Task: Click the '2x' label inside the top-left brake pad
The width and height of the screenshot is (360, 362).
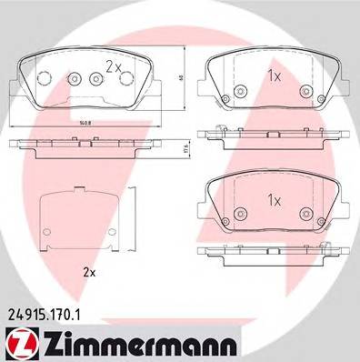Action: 113,65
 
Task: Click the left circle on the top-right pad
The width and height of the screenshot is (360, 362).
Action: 239,89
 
